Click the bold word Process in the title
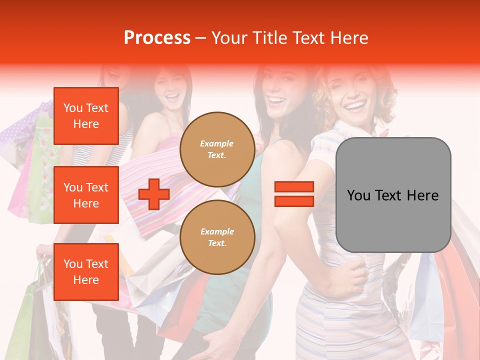point(157,38)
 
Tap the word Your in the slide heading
point(230,38)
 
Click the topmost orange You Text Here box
point(86,116)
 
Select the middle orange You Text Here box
point(86,195)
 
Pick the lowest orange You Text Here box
point(86,272)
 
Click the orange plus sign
point(154,194)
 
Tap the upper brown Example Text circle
point(217,149)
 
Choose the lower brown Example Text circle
point(217,237)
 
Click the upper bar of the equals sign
point(294,187)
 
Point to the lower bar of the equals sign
point(294,201)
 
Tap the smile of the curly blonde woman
point(355,106)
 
